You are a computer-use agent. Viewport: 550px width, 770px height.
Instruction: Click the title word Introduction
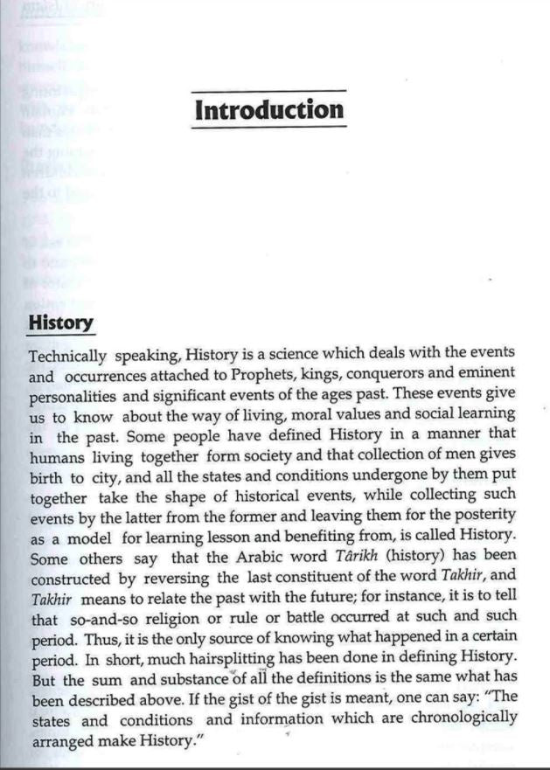(x=268, y=111)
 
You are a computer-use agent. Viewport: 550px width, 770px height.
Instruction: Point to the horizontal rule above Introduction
(x=268, y=91)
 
